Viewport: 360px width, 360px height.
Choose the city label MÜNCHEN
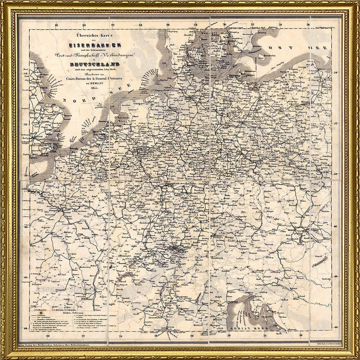(216, 236)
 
